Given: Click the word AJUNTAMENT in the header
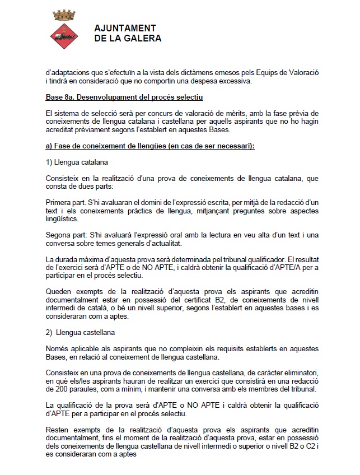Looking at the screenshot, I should point(125,29).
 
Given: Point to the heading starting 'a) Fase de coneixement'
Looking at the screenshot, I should point(149,146).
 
